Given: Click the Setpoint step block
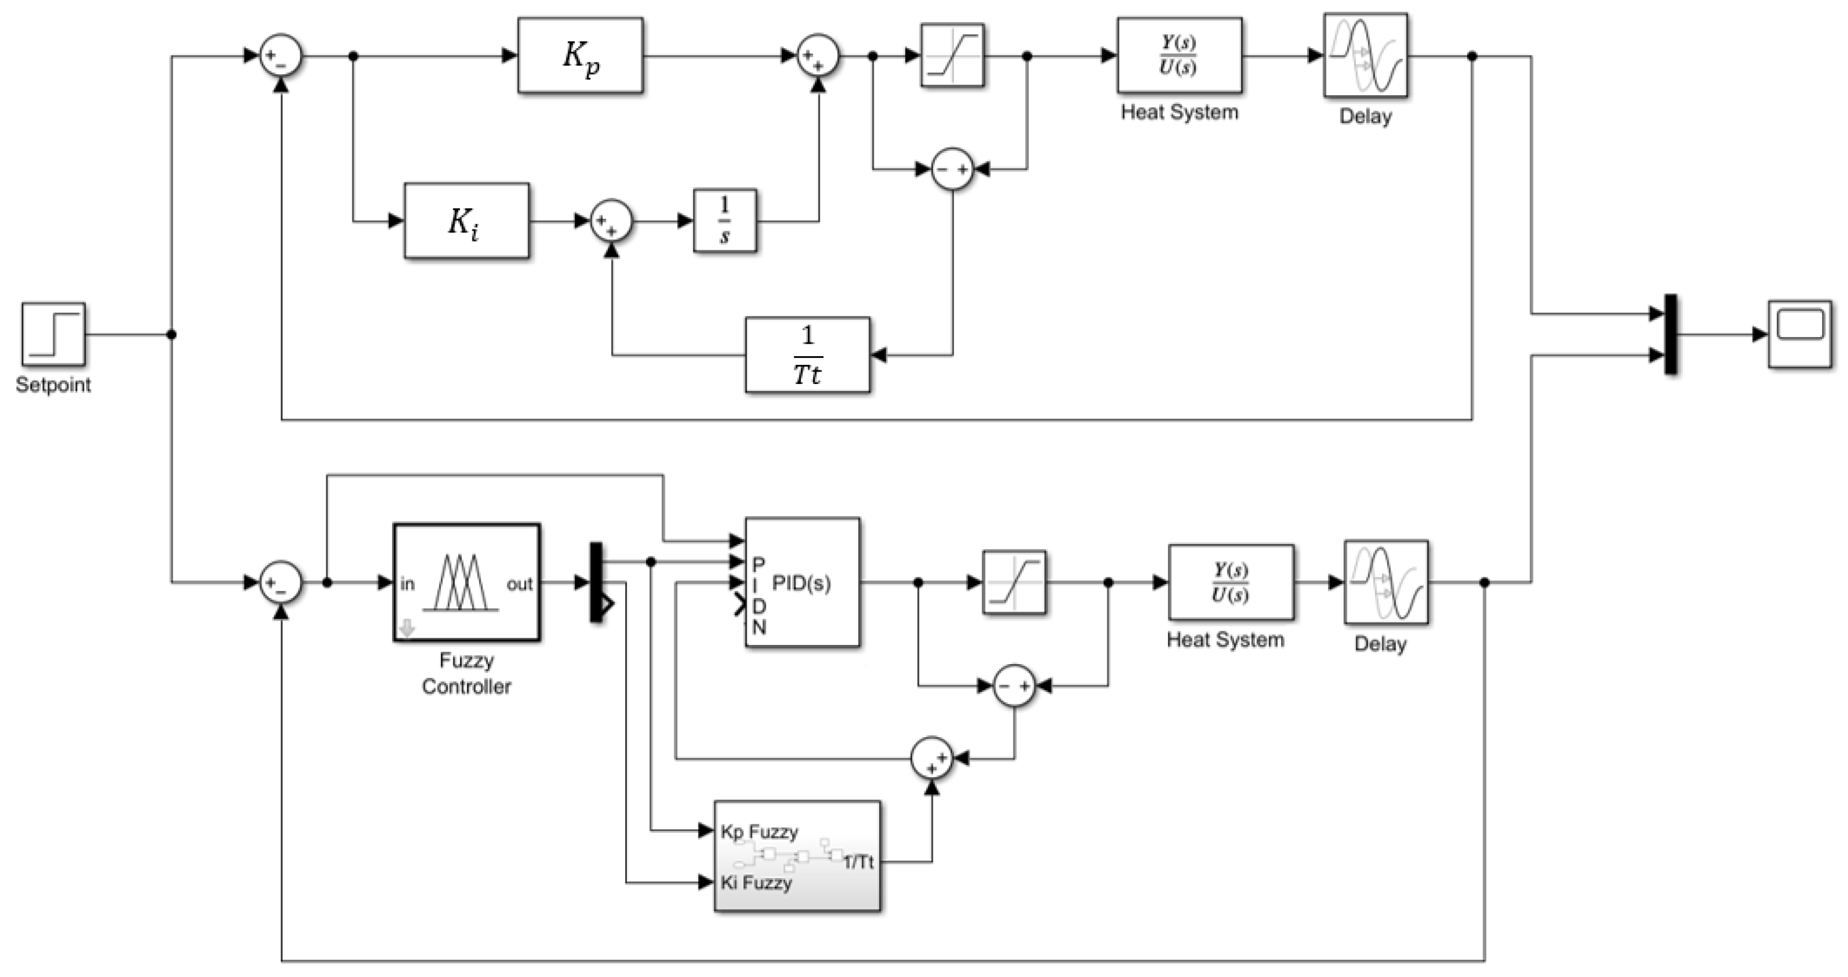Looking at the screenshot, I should pyautogui.click(x=53, y=335).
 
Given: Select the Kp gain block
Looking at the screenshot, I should pyautogui.click(x=580, y=55).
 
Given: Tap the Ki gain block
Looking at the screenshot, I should pyautogui.click(x=466, y=221).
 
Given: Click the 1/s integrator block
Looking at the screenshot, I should pyautogui.click(x=725, y=221).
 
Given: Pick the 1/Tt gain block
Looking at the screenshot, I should pyautogui.click(x=807, y=355).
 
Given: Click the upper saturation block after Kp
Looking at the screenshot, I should pyautogui.click(x=952, y=55).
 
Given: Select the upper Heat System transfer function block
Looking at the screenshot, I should pyautogui.click(x=1178, y=55).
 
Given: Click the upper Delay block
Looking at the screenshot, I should pyautogui.click(x=1365, y=55).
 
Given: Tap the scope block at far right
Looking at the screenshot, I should pyautogui.click(x=1799, y=335).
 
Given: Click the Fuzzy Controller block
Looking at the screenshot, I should pyautogui.click(x=466, y=582).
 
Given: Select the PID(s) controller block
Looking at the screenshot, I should pyautogui.click(x=802, y=582).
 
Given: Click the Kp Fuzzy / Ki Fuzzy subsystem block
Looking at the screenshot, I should pyautogui.click(x=796, y=856).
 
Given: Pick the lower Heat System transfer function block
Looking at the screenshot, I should pyautogui.click(x=1231, y=582).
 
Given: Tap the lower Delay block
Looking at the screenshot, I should pyautogui.click(x=1386, y=582).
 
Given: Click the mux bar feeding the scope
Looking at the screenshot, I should pyautogui.click(x=1671, y=335).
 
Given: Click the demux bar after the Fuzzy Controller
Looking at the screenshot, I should pyautogui.click(x=596, y=582).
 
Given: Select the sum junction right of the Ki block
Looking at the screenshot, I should pyautogui.click(x=611, y=221).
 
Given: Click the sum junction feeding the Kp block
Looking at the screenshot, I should pyautogui.click(x=281, y=55).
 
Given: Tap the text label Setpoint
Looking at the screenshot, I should pyautogui.click(x=53, y=385).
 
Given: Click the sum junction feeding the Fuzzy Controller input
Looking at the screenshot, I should pyautogui.click(x=281, y=582).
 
